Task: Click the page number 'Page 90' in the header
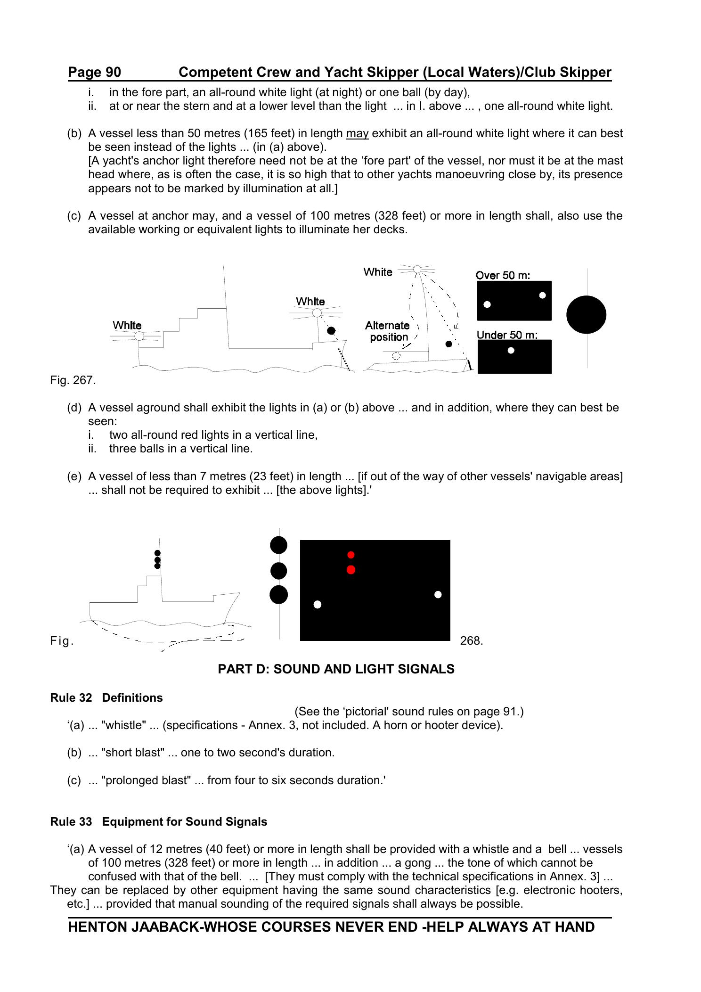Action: [x=94, y=72]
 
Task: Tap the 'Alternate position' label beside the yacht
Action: [x=387, y=331]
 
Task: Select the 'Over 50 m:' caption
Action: [x=503, y=275]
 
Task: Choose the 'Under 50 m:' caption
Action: [x=507, y=335]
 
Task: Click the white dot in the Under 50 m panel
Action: [x=511, y=350]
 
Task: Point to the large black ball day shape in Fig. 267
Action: [x=586, y=314]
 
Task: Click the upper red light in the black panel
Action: [x=350, y=555]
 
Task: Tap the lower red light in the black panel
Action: [x=350, y=570]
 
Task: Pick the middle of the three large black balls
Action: [x=278, y=571]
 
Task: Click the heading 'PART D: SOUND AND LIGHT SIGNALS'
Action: [x=336, y=669]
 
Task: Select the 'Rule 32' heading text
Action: [x=71, y=698]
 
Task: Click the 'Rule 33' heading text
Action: [x=71, y=822]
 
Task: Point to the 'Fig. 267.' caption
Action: [x=73, y=380]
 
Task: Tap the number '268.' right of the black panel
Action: [x=472, y=641]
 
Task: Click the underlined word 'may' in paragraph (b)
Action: [x=357, y=133]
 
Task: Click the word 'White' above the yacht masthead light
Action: [x=378, y=272]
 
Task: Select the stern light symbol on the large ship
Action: [x=139, y=336]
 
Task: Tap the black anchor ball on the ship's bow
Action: [x=331, y=330]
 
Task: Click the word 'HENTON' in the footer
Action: [x=97, y=927]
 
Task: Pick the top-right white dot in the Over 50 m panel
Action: [x=542, y=295]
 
